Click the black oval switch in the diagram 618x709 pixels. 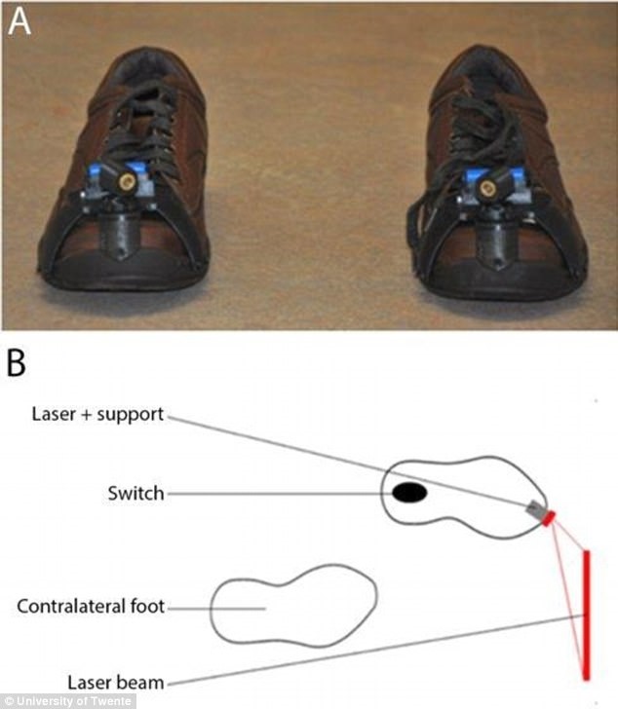[x=408, y=494]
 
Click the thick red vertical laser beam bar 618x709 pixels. [x=587, y=614]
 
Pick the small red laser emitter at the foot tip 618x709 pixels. [x=549, y=517]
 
